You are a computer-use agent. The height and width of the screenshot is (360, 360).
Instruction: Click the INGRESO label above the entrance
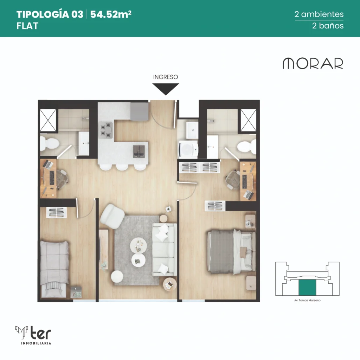(166, 77)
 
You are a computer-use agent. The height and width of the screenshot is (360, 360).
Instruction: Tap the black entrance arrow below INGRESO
(166, 89)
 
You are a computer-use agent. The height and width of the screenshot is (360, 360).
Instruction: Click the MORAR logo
(313, 63)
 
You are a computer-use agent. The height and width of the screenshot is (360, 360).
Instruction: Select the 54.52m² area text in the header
(111, 14)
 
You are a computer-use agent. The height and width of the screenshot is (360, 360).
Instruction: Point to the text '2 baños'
(328, 25)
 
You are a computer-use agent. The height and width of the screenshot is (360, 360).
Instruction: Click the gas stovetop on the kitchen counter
(106, 130)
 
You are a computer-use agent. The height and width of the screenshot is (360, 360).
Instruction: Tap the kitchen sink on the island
(139, 151)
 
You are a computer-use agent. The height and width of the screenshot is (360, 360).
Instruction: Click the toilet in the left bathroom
(49, 144)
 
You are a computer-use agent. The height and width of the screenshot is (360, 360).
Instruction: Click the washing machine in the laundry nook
(188, 149)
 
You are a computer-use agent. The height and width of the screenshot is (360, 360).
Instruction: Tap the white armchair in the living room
(112, 216)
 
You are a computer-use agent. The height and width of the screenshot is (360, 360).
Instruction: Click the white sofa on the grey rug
(165, 250)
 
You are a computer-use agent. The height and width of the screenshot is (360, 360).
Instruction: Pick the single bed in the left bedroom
(54, 269)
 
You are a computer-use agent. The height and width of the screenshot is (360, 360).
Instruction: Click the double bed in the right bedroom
(231, 251)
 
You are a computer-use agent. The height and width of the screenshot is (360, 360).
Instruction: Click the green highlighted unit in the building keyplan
(307, 288)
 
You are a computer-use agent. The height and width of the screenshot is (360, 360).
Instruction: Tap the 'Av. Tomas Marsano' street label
(307, 300)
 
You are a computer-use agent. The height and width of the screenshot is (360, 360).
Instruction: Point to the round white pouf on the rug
(117, 277)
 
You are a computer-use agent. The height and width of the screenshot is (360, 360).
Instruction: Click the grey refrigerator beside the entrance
(139, 111)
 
